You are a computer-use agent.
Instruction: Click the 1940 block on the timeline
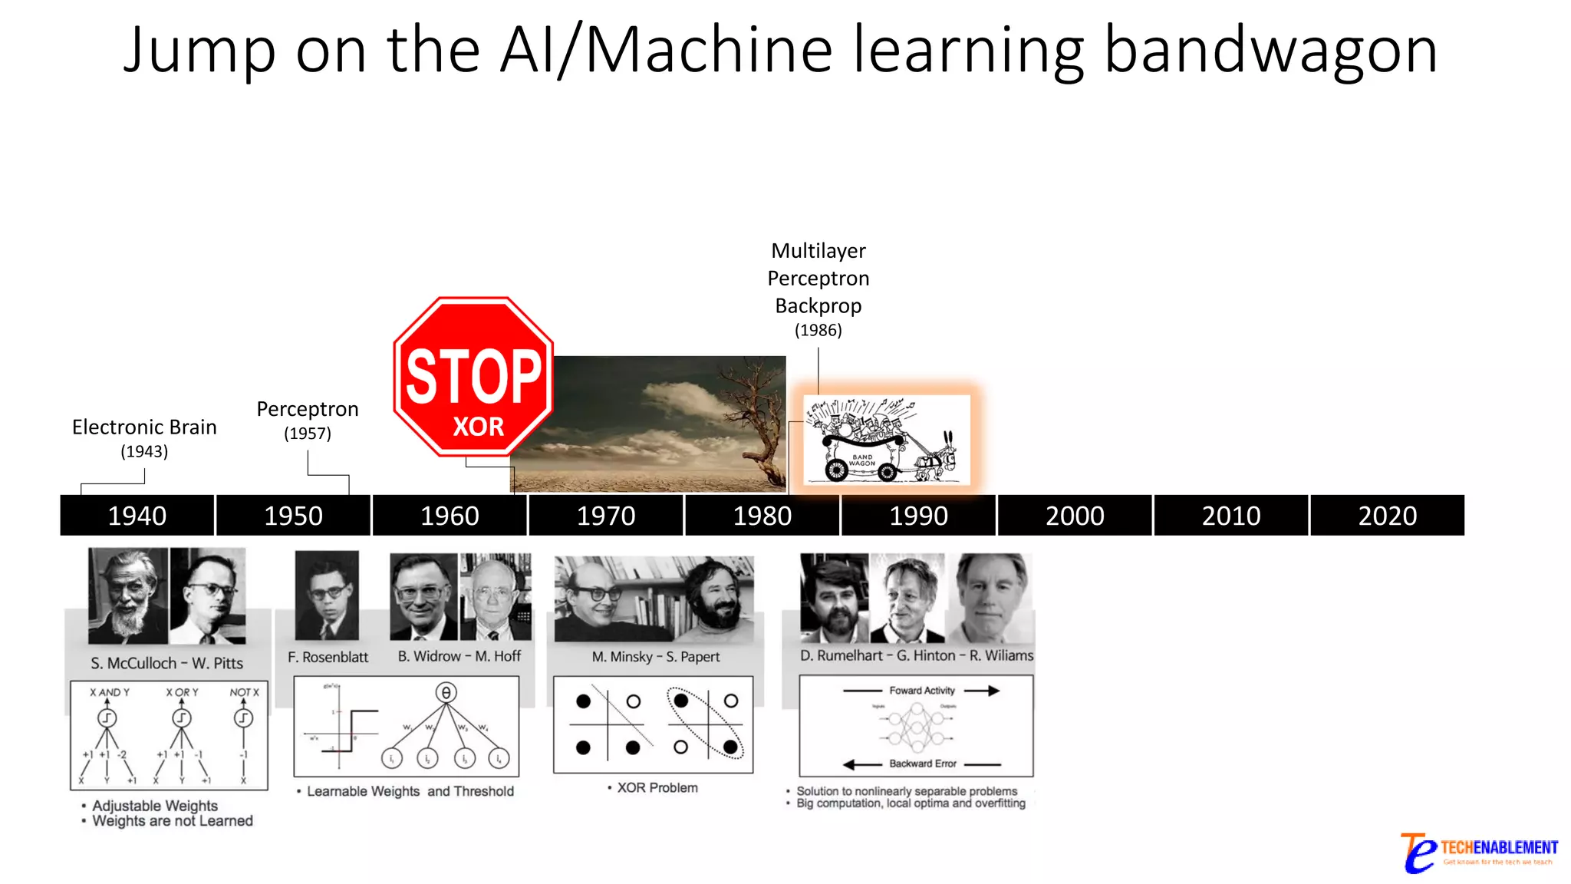137,516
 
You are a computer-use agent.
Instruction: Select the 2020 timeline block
1387,516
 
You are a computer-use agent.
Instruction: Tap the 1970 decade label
606,516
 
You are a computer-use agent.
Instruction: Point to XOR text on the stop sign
478,427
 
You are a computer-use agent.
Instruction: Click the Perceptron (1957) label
308,420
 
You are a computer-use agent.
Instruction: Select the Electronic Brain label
144,427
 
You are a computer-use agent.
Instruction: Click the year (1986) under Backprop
818,330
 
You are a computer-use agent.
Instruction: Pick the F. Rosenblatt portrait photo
327,595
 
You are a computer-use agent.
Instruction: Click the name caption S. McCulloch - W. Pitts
166,663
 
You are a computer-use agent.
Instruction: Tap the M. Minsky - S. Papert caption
655,657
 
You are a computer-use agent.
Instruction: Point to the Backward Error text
923,764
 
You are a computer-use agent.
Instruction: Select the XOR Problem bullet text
657,788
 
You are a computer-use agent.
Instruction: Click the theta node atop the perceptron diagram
446,693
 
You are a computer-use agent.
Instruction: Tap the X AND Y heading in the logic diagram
110,692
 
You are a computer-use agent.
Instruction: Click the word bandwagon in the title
1270,51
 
